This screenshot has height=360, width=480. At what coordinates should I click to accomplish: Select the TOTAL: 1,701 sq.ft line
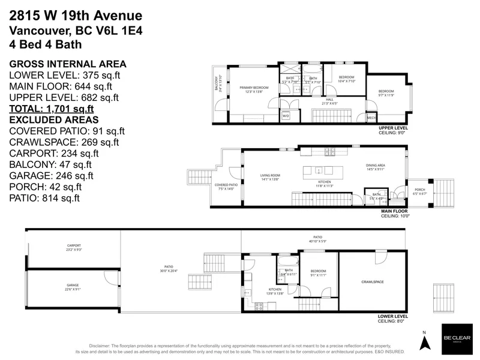[51, 109]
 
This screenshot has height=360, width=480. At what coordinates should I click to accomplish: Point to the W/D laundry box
[286, 115]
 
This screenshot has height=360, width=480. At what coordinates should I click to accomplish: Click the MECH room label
[371, 118]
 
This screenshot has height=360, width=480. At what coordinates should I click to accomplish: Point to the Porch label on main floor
[419, 192]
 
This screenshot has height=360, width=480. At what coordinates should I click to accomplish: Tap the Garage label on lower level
[73, 287]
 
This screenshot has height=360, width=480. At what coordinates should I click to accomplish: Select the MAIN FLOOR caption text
[395, 211]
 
